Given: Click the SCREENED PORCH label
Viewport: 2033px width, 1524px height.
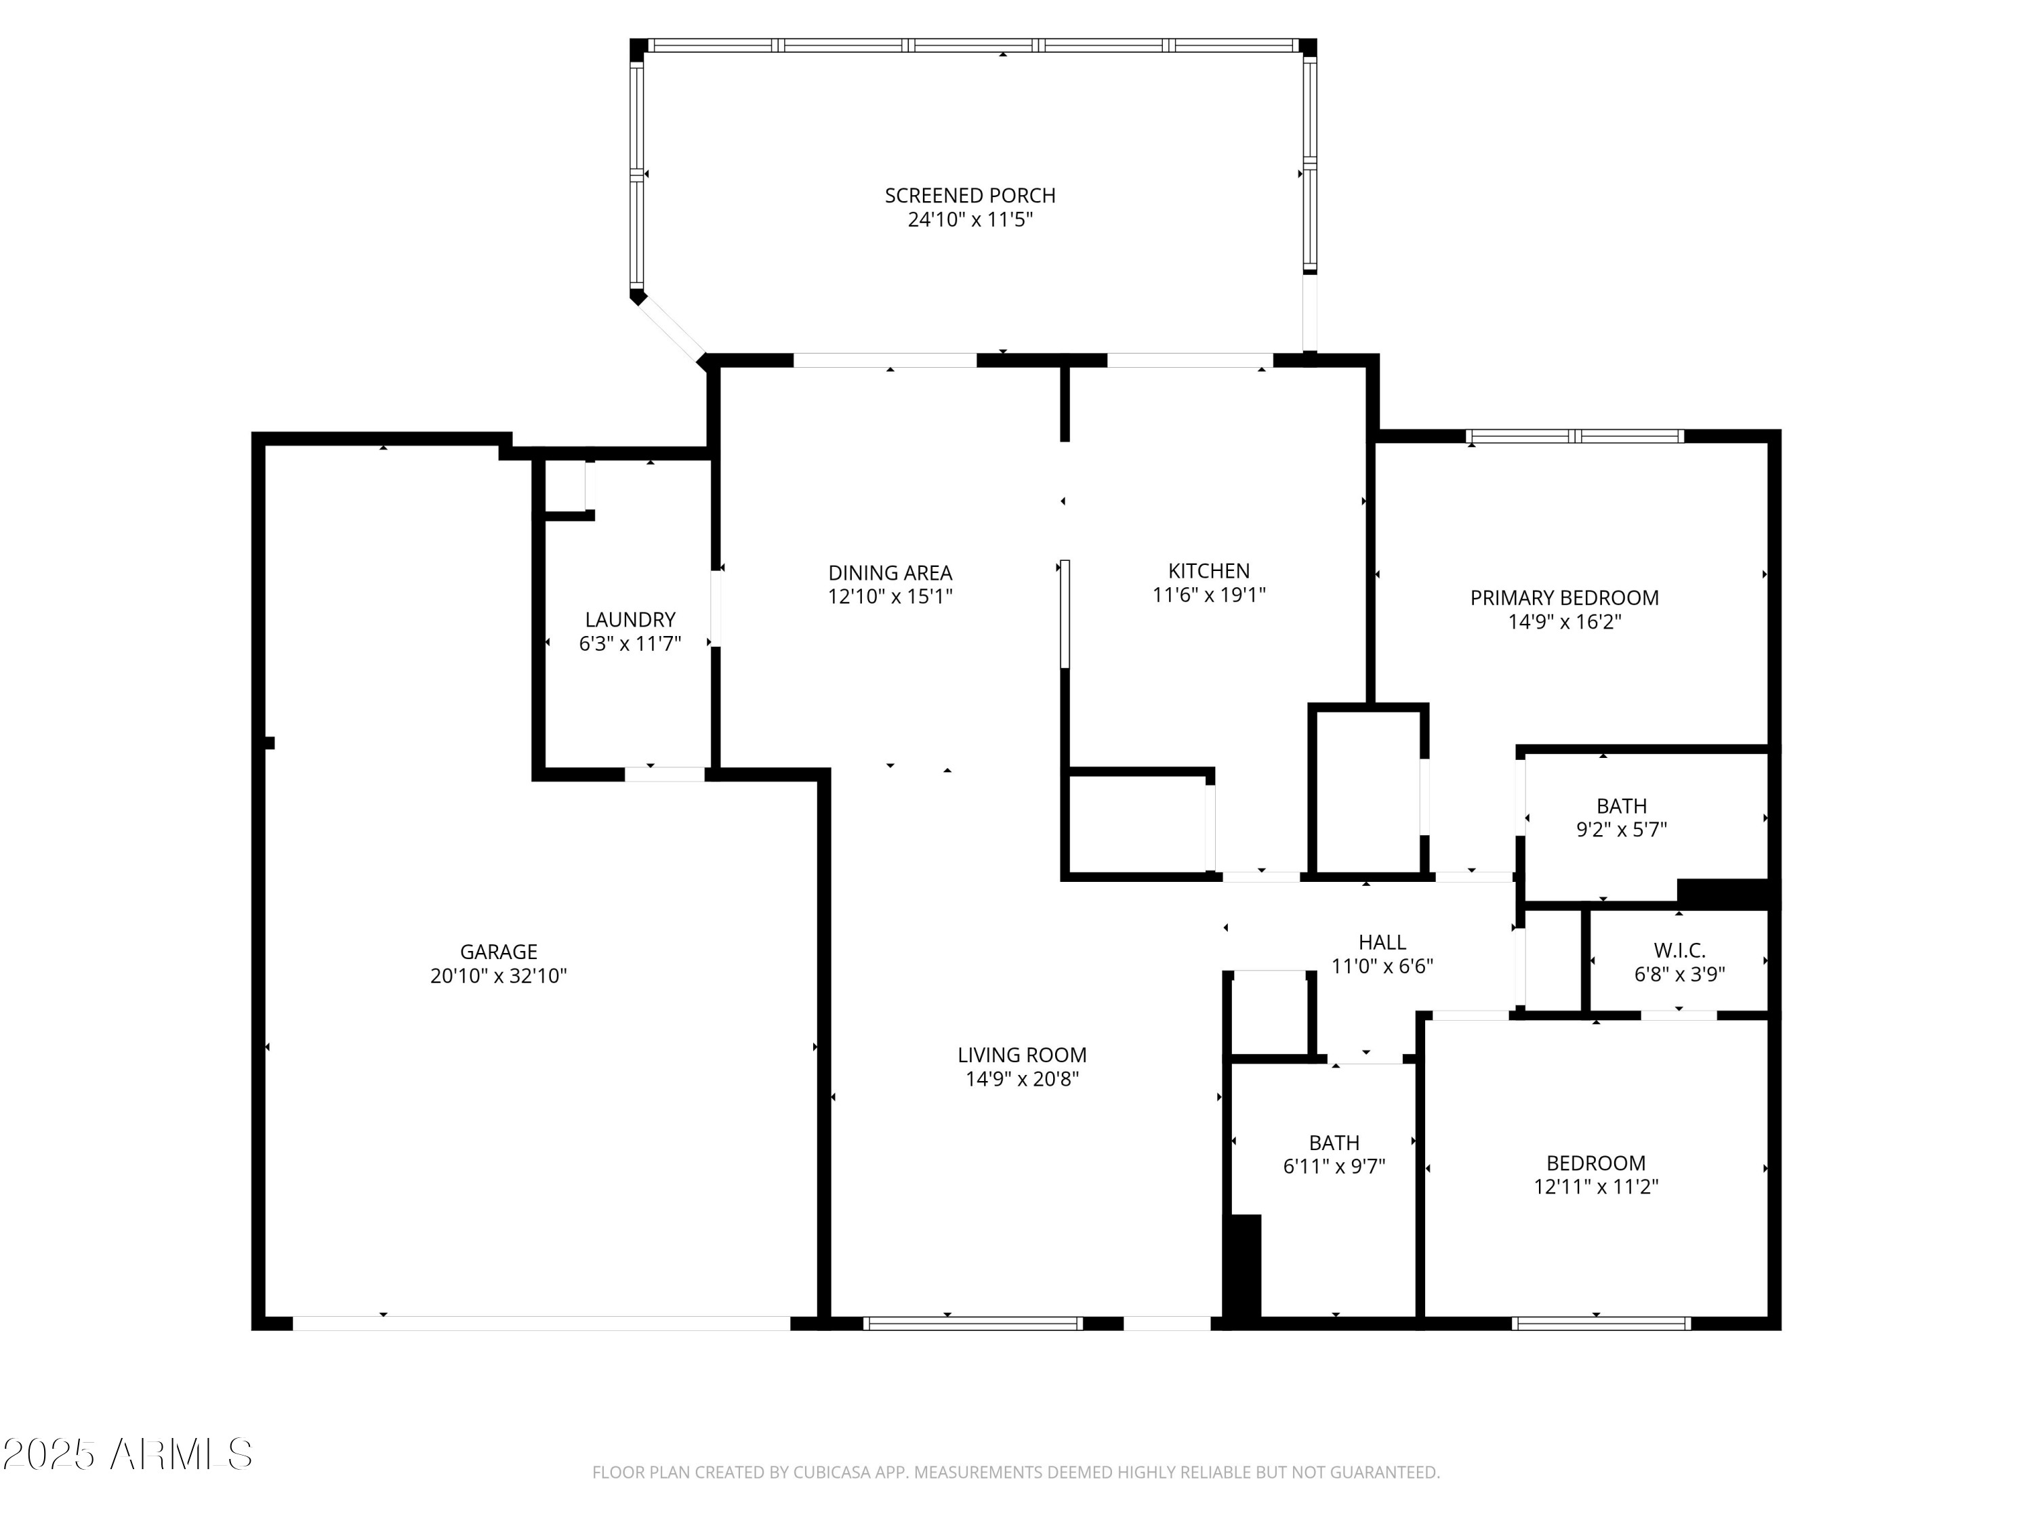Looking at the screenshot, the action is pyautogui.click(x=970, y=196).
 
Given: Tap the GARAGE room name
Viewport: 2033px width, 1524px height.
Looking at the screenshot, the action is pyautogui.click(x=498, y=952).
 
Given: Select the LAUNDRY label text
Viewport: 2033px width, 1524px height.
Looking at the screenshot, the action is pyautogui.click(x=630, y=619).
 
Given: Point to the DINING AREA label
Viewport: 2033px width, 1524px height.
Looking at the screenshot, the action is pyautogui.click(x=890, y=572).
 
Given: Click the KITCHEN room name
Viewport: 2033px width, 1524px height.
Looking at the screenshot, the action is pyautogui.click(x=1208, y=570).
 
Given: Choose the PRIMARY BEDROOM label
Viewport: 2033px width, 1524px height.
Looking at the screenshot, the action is pyautogui.click(x=1564, y=598).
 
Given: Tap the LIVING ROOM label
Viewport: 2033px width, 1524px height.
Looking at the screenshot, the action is pyautogui.click(x=1022, y=1055).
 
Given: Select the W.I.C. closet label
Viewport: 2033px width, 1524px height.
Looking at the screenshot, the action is pyautogui.click(x=1680, y=950).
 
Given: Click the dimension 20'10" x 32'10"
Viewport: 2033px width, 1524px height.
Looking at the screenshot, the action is pyautogui.click(x=498, y=975).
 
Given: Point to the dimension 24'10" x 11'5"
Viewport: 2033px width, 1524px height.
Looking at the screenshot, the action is pyautogui.click(x=970, y=219).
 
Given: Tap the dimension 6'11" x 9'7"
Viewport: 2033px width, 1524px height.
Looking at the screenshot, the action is pyautogui.click(x=1334, y=1166).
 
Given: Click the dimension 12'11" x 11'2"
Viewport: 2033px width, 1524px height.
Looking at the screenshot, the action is pyautogui.click(x=1595, y=1186).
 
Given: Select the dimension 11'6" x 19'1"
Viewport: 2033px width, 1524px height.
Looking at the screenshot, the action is pyautogui.click(x=1208, y=594).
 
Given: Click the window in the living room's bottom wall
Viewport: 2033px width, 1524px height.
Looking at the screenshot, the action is pyautogui.click(x=973, y=1324).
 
